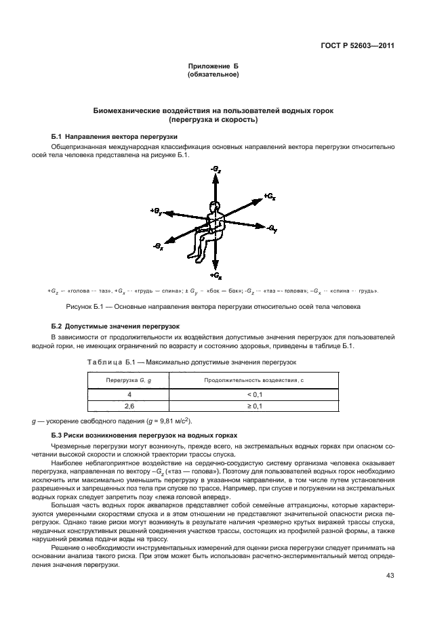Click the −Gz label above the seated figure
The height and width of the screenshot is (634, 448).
coord(216,166)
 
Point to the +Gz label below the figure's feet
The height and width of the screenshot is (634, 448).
coord(216,276)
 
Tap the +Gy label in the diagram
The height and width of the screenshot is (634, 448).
coord(156,211)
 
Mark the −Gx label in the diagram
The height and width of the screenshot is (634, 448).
coord(158,247)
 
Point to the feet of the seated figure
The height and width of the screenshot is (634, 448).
coord(197,258)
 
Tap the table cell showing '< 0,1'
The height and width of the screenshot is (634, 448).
coord(254,394)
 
